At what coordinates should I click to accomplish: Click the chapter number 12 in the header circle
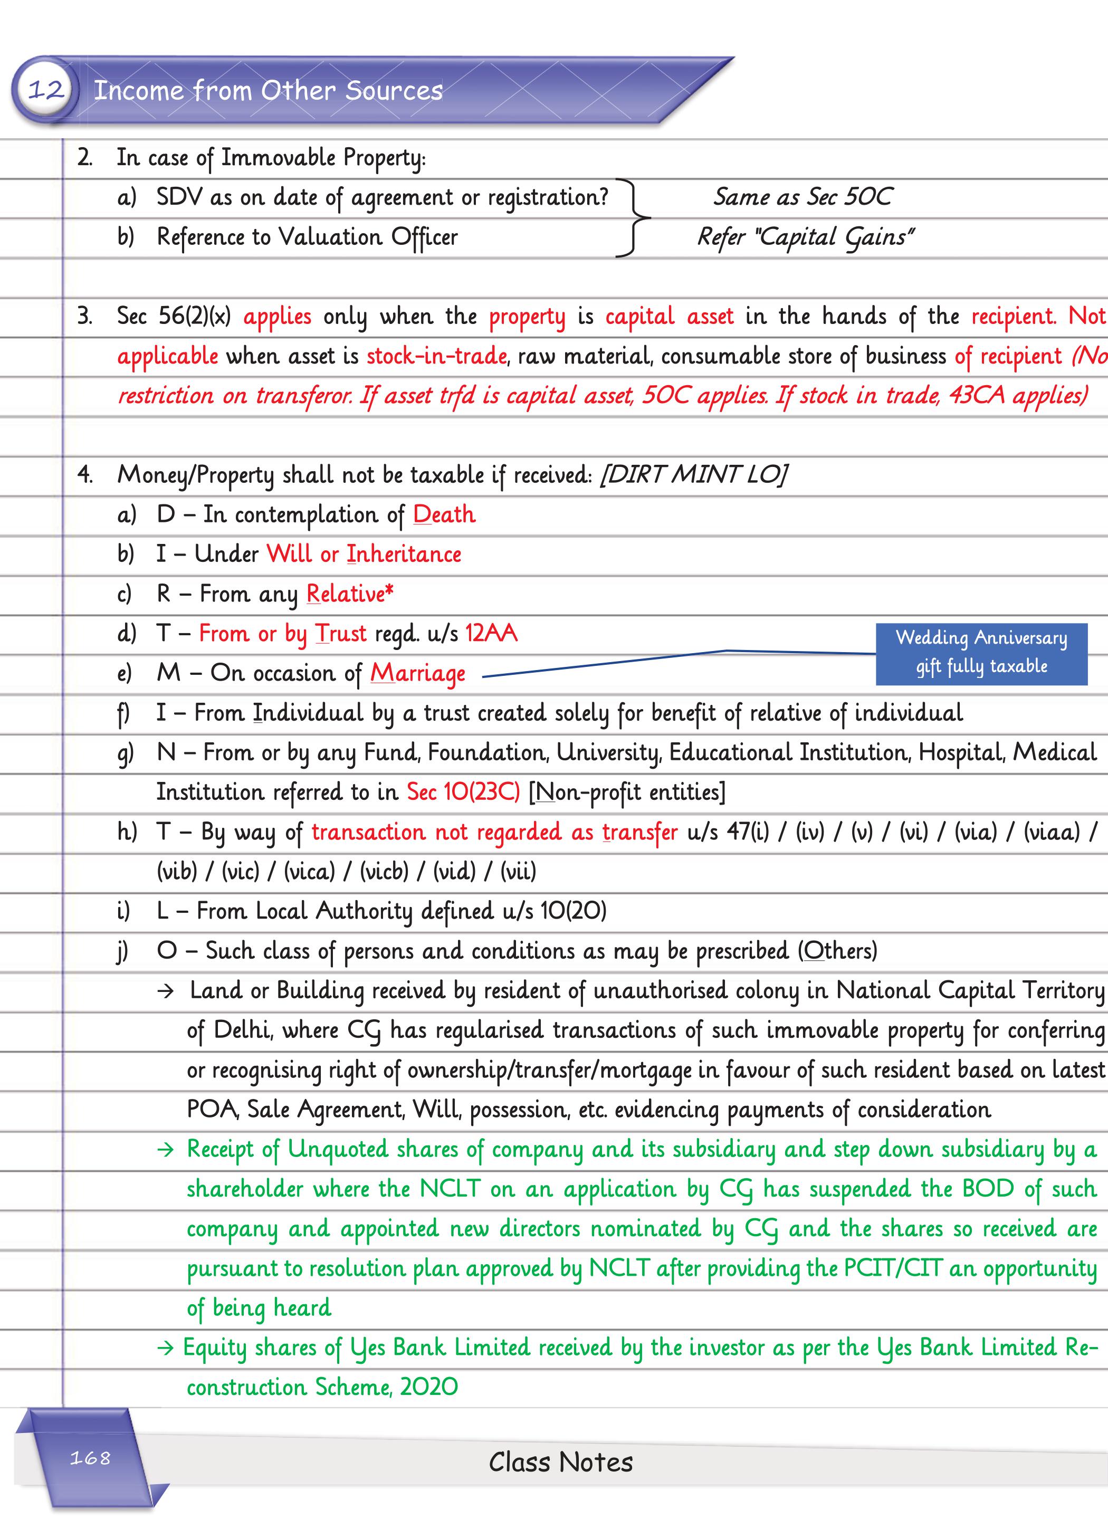tap(46, 89)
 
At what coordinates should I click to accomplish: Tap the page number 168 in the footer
tap(90, 1458)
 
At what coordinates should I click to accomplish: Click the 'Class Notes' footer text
tap(560, 1461)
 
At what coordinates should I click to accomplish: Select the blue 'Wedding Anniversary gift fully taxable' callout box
tap(981, 653)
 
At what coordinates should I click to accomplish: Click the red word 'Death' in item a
tap(444, 514)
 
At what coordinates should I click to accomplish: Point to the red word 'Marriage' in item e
tap(417, 673)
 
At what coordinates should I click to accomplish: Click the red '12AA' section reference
tap(491, 633)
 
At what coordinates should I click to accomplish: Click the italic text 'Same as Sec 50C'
tap(803, 197)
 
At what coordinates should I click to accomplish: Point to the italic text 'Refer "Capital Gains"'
tap(805, 236)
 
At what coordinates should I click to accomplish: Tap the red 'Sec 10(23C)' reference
tap(463, 791)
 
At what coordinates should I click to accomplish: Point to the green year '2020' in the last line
tap(429, 1387)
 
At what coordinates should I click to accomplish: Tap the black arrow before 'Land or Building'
tap(165, 991)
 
